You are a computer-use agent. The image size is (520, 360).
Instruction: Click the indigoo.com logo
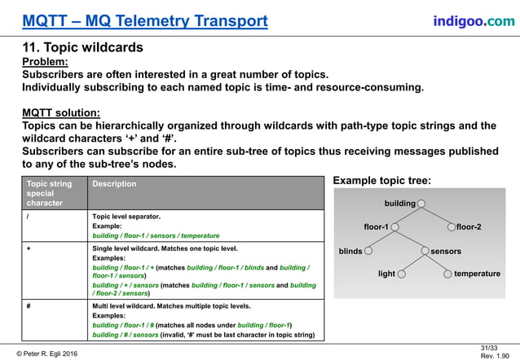(x=474, y=20)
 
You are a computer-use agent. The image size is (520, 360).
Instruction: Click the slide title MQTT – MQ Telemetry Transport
(x=145, y=20)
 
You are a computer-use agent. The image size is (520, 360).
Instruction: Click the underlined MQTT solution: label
(x=61, y=112)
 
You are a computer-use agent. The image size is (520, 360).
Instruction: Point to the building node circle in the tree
(x=421, y=203)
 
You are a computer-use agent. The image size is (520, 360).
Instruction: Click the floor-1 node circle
(x=394, y=226)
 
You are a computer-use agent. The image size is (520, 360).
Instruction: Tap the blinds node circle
(x=368, y=251)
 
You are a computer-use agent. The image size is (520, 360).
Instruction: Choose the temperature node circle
(x=447, y=274)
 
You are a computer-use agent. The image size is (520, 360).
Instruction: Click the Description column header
(x=115, y=184)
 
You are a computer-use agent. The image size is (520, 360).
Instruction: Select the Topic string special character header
(x=49, y=193)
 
